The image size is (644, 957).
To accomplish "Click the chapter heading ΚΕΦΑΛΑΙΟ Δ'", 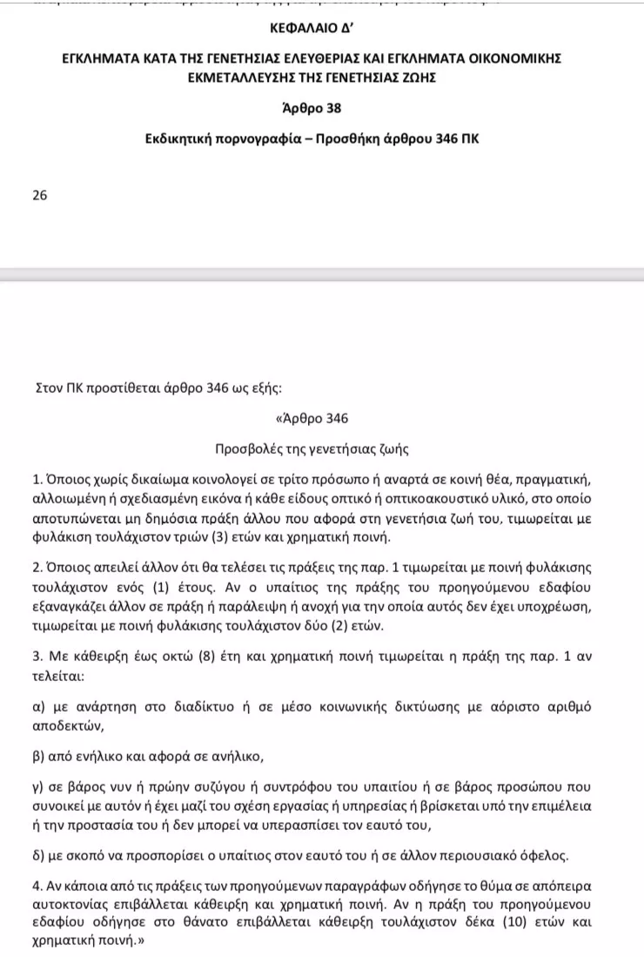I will pos(322,25).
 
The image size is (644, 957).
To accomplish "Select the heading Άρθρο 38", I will pos(322,108).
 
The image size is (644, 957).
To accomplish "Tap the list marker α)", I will pos(38,707).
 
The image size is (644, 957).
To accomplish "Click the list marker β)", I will pos(38,757).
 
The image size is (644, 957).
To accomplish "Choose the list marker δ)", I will pos(38,855).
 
